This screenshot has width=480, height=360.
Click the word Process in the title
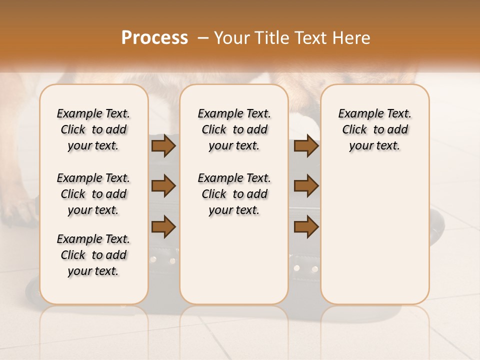tap(154, 38)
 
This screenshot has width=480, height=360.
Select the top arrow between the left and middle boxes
tap(163, 146)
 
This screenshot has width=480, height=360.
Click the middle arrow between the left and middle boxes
tap(163, 186)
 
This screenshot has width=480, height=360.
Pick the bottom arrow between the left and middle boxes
tap(163, 226)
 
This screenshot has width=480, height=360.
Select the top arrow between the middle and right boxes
tap(306, 146)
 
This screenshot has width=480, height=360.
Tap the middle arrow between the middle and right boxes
tap(306, 186)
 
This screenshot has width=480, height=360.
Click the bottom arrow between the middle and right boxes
tap(306, 226)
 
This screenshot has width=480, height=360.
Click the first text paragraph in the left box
tap(93, 129)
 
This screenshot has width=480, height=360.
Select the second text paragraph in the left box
tap(93, 194)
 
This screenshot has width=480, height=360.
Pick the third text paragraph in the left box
tap(93, 255)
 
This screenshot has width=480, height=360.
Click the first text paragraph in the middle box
tap(234, 129)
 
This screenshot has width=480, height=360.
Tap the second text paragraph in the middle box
tap(234, 194)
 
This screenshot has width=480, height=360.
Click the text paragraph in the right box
tap(375, 129)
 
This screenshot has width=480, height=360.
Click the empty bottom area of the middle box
tap(234, 265)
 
